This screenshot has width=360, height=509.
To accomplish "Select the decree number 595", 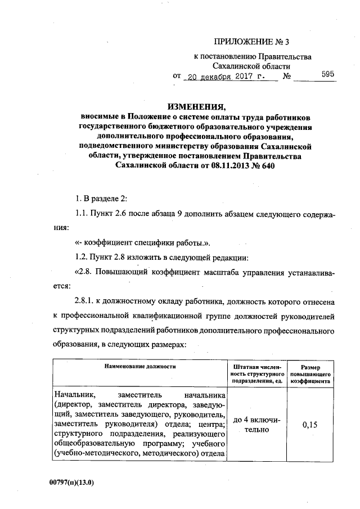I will click(328, 74).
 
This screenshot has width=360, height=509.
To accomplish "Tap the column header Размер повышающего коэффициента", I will click(310, 372).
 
